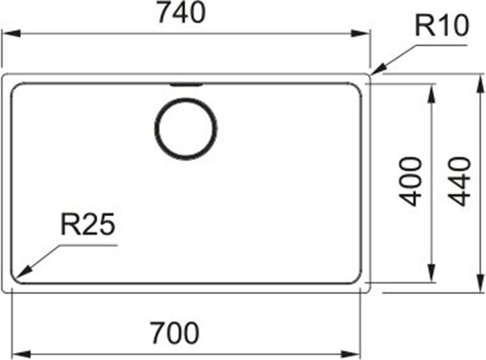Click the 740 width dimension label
pos(182,13)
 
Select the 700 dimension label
pos(175,333)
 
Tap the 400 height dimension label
pos(410,181)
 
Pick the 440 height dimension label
pos(459,181)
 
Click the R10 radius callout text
pos(441,26)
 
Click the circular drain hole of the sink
pos(186,129)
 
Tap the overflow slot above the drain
pos(186,85)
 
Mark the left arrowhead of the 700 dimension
pos(21,354)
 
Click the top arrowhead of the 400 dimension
pos(431,93)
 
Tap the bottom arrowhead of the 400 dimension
pos(431,274)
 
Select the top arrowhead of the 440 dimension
pos(480,84)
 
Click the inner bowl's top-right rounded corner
pos(357,88)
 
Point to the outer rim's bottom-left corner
pos(4,291)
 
